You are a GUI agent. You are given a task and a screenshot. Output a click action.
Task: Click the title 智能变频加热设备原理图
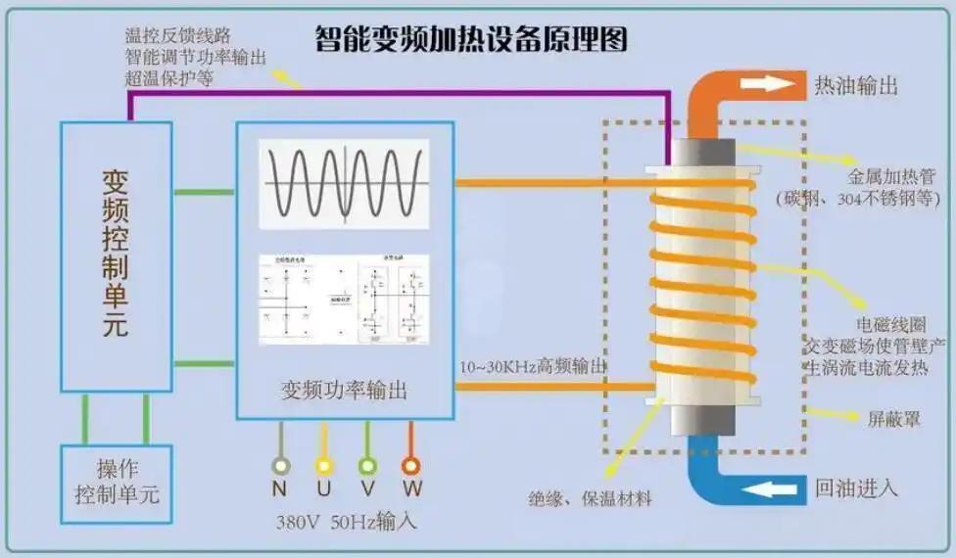(x=470, y=39)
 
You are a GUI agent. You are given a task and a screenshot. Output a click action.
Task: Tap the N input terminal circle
(x=281, y=466)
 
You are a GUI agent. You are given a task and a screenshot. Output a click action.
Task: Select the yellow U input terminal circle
(x=323, y=466)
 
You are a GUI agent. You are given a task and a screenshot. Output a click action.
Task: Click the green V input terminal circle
(x=367, y=466)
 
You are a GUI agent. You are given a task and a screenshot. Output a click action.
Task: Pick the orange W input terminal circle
(x=411, y=466)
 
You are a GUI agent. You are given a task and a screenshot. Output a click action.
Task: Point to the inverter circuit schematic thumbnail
(x=344, y=299)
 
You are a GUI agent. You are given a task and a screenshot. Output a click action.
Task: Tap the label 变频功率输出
(x=343, y=390)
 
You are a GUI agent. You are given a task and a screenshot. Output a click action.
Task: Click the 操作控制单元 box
(x=117, y=483)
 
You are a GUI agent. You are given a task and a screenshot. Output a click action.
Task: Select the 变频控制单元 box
(x=116, y=255)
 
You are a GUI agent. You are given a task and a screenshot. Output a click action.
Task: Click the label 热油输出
(x=856, y=85)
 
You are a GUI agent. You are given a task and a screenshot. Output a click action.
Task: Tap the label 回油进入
(x=856, y=487)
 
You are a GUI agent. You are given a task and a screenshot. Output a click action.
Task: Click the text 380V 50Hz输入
(x=346, y=521)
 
